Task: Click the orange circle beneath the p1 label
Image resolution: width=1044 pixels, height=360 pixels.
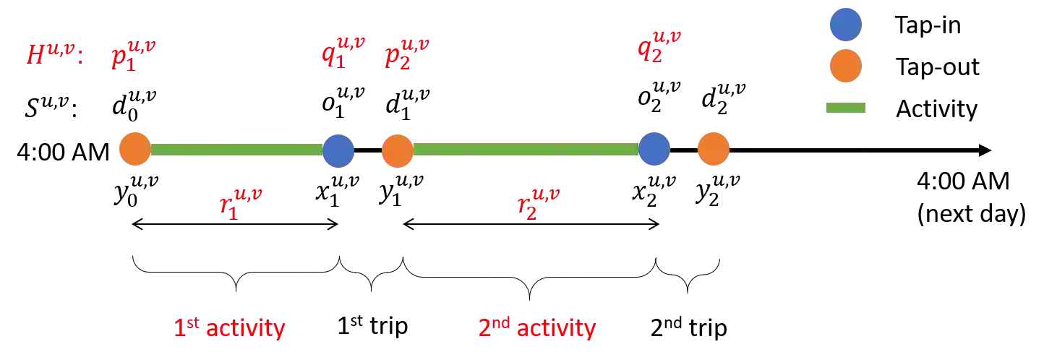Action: click(134, 149)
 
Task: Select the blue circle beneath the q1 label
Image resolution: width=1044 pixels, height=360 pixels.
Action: click(338, 150)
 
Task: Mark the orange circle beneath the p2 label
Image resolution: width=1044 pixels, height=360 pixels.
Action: click(397, 150)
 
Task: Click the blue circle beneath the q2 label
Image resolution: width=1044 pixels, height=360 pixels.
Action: click(654, 149)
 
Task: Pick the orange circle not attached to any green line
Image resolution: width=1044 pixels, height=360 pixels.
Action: click(713, 149)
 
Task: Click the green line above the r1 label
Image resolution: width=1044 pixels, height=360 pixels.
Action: click(236, 149)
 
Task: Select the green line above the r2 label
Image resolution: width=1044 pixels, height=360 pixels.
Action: click(525, 149)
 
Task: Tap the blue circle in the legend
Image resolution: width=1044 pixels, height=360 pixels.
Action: click(844, 24)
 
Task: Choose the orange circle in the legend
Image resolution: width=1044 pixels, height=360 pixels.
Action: click(844, 66)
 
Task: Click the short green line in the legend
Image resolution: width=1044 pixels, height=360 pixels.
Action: click(844, 107)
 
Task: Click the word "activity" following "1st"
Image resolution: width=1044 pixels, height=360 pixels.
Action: click(246, 330)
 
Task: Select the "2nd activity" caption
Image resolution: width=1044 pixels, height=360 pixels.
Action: click(536, 330)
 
